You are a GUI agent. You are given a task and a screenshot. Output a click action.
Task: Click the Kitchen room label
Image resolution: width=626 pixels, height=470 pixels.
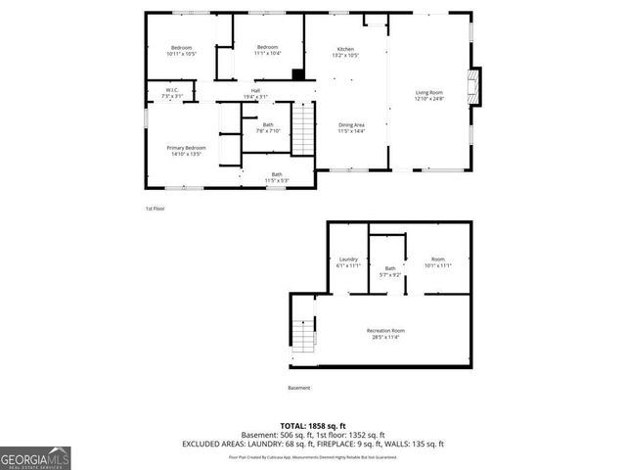point(345,51)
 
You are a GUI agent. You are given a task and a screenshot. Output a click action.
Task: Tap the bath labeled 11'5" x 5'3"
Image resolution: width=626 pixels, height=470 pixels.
point(277,177)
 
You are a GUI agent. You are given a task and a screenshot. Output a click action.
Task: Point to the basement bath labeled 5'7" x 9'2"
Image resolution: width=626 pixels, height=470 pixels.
point(390,271)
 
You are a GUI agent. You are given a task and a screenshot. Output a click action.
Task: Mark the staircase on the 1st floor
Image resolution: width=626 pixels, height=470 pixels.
point(305,129)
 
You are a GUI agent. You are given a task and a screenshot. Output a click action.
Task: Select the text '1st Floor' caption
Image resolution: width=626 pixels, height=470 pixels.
point(155,209)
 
